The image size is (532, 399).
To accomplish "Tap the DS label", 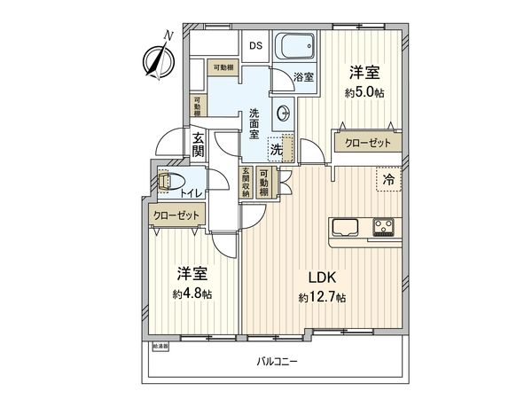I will click(255, 47).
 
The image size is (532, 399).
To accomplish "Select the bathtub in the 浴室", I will click(293, 47).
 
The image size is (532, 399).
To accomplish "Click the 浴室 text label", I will click(303, 77).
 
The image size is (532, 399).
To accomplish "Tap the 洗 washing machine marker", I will click(277, 150).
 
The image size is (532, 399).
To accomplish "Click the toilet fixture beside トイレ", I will click(165, 182).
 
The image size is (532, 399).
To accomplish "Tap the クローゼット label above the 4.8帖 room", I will click(176, 215).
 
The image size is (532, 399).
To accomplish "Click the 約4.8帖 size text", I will click(193, 293).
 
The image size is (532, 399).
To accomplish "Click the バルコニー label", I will click(278, 363).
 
